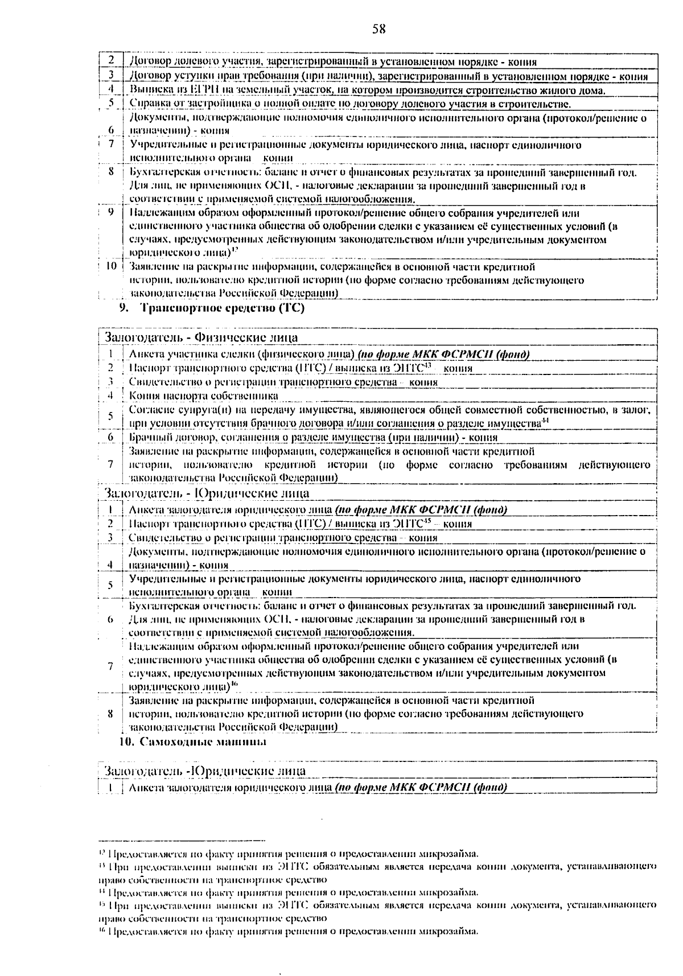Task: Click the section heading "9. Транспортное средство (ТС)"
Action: pos(212,308)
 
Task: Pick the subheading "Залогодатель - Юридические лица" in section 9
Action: pos(206,493)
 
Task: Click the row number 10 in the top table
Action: pos(112,266)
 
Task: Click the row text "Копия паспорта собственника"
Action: pos(203,396)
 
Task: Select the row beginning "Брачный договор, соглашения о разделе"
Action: pos(313,438)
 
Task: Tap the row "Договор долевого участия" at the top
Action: pos(333,61)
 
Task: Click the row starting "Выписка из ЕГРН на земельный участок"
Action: pos(368,90)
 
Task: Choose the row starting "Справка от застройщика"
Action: pos(350,104)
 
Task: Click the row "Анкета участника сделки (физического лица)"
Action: pos(329,355)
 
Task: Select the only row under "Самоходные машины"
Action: pos(318,788)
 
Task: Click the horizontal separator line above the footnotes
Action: pos(182,840)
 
